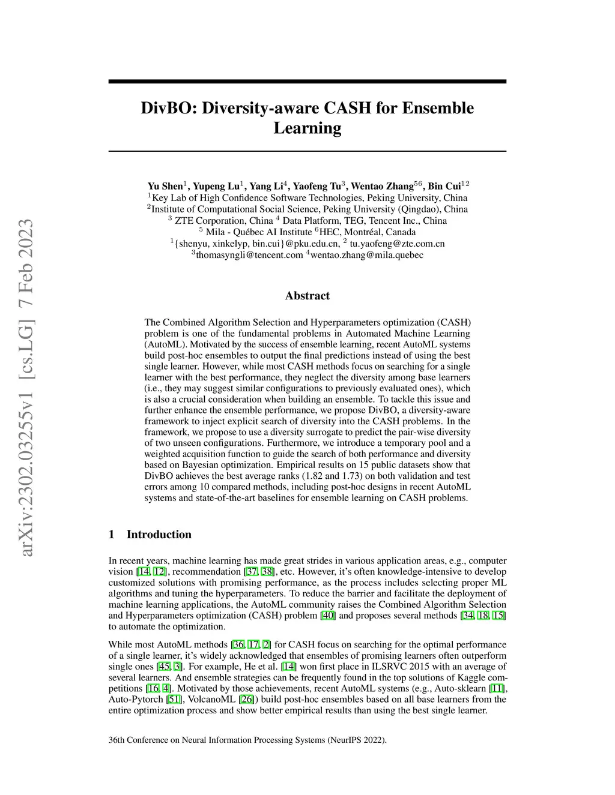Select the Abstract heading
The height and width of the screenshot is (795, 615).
(x=307, y=296)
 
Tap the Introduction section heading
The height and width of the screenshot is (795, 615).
(x=159, y=535)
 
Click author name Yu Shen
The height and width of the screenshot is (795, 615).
(x=165, y=187)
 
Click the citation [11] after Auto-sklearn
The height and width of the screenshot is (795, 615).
(x=497, y=688)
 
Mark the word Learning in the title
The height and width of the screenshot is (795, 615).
(x=307, y=128)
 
